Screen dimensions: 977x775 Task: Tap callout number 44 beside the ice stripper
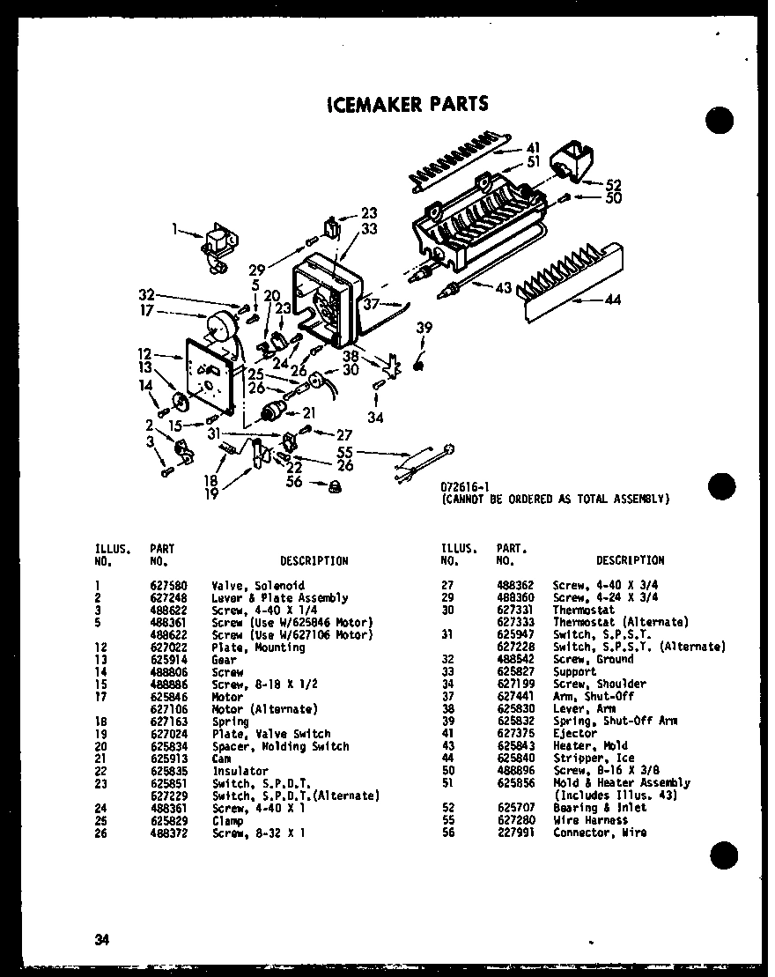pos(612,301)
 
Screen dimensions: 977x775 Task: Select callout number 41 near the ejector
pos(533,147)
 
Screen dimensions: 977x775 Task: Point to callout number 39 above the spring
pos(424,328)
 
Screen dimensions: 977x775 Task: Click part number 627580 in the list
pos(166,586)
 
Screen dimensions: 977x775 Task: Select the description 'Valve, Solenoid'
pos(258,586)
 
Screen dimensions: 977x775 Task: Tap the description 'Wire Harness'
pos(590,820)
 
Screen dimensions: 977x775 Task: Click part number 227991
pos(513,833)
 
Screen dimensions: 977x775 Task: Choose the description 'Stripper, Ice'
pos(593,758)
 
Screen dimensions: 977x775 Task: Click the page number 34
pos(102,939)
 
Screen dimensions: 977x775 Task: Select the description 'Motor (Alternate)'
pos(265,709)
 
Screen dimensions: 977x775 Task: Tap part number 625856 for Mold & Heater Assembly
pos(513,782)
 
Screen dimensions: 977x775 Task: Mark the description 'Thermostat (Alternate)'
pos(608,623)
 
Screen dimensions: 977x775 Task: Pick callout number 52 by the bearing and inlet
pos(613,185)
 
